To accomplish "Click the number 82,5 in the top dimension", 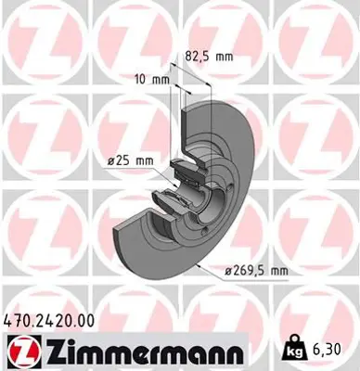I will pyautogui.click(x=195, y=55).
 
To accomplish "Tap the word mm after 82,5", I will pyautogui.click(x=222, y=55).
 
